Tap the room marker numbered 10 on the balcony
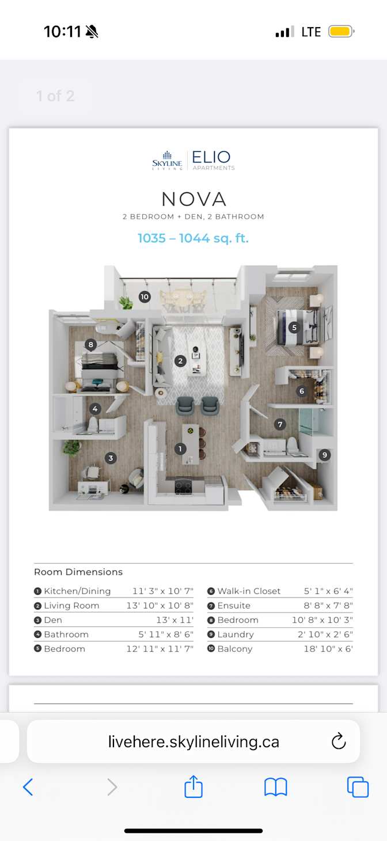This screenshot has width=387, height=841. coord(145,297)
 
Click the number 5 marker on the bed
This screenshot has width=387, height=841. coord(294,328)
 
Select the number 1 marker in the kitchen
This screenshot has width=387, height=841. coord(180,448)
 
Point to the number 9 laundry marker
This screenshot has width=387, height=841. coord(325,455)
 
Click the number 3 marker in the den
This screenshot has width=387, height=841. coord(111,458)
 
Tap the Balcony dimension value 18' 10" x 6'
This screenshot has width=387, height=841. coord(328,649)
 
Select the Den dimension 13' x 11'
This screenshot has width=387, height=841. coord(174,620)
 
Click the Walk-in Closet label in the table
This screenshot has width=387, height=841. coord(249,591)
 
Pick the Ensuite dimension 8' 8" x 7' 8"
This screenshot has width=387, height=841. coord(328,606)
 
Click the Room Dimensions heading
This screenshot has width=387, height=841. coord(78,572)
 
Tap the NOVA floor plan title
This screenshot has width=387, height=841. coord(193,199)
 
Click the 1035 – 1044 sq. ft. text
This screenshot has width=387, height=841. coord(193,238)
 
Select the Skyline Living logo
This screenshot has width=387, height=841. coord(167,161)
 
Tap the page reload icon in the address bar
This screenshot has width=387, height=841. coord(339,741)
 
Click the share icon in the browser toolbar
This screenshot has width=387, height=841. coord(193,786)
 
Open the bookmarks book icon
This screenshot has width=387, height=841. coord(275,787)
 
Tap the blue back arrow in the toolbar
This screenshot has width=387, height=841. coord(28,787)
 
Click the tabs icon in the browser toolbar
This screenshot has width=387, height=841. coord(358,786)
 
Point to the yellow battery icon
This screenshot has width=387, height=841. coord(341,32)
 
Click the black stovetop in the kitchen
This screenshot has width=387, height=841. coord(183,486)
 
